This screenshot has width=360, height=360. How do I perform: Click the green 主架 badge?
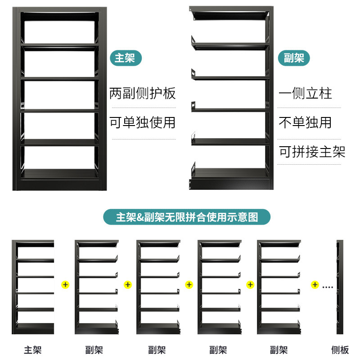[x=125, y=58]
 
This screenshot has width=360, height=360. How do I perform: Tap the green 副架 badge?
[x=294, y=58]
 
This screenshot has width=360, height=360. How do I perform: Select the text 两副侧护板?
[x=143, y=94]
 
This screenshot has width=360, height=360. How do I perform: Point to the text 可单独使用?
[x=143, y=122]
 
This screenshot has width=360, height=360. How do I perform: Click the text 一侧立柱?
[x=306, y=94]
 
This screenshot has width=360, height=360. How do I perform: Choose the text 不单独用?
[x=306, y=122]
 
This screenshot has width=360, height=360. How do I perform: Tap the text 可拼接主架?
[x=312, y=152]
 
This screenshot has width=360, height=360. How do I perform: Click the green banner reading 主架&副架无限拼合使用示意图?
[x=187, y=217]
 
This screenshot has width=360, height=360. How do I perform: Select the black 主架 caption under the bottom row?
[x=33, y=350]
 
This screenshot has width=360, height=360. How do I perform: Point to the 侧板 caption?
[x=340, y=350]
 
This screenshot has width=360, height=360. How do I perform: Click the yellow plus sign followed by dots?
[x=315, y=285]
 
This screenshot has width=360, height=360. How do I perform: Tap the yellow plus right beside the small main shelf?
[x=66, y=285]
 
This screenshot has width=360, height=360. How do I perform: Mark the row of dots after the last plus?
[x=327, y=286]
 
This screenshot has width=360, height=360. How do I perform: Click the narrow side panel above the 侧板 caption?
[x=340, y=287]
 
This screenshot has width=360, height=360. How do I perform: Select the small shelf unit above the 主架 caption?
[x=33, y=287]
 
